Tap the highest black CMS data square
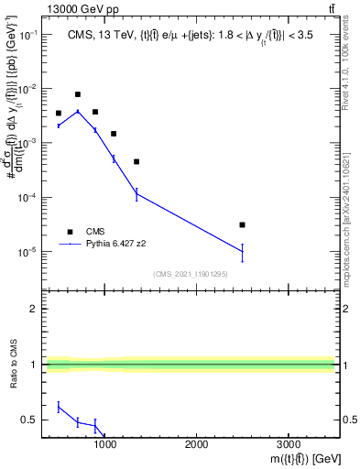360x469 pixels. point(78,94)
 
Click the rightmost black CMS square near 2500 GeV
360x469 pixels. point(242,224)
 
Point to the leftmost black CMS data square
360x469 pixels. point(59,114)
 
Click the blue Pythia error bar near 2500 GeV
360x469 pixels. point(242,253)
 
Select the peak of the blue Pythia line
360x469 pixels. point(78,111)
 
